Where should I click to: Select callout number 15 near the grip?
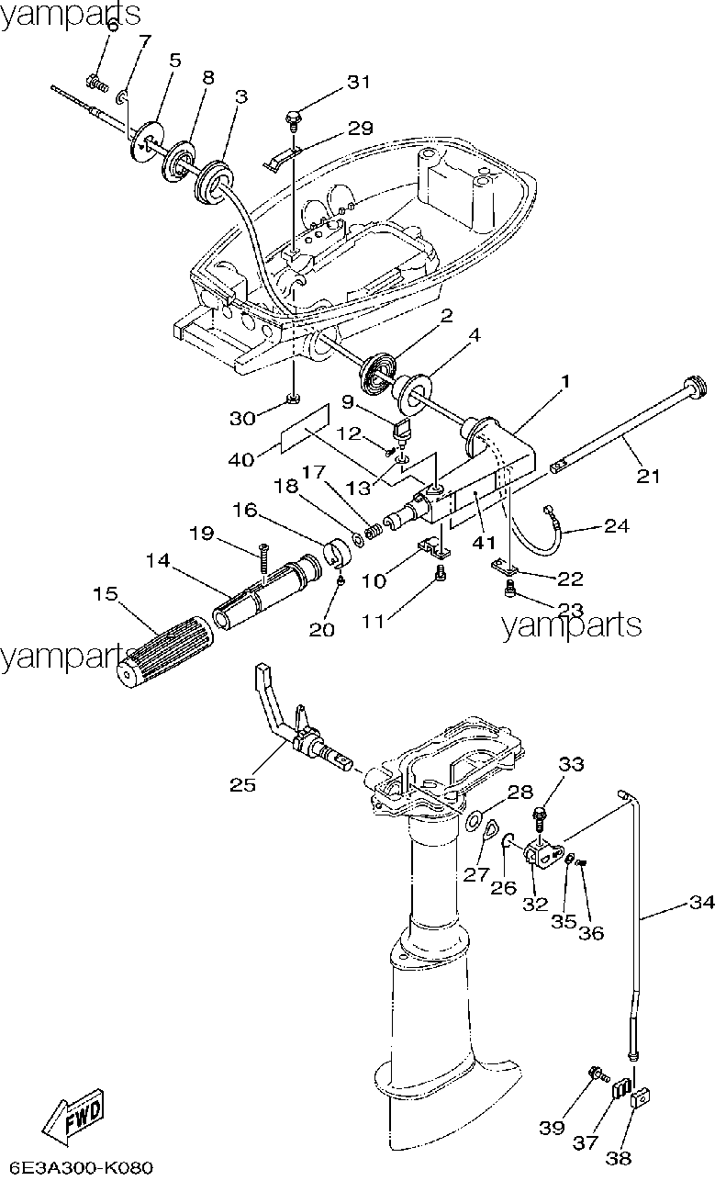pos(106,593)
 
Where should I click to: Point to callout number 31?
pos(359,82)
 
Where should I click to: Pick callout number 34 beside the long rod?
pos(702,902)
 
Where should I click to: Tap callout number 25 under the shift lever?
pos(243,784)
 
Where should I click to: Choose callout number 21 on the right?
pos(648,475)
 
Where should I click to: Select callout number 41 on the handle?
pos(484,542)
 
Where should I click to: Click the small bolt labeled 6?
pos(96,83)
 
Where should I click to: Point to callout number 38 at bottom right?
pos(619,1157)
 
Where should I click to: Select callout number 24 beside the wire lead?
pos(617,526)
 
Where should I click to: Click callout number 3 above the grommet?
pos(241,96)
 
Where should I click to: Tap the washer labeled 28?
pos(474,819)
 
